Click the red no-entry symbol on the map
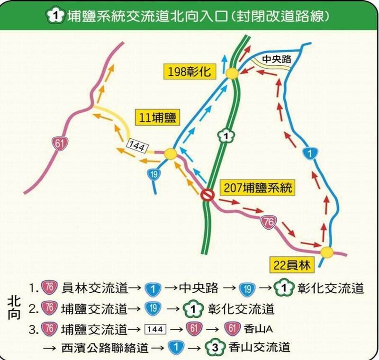point(207,195)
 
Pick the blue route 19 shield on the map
point(153,174)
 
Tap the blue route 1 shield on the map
point(309,153)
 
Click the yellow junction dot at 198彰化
point(232,73)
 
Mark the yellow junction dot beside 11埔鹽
point(171,154)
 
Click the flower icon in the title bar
point(55,15)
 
